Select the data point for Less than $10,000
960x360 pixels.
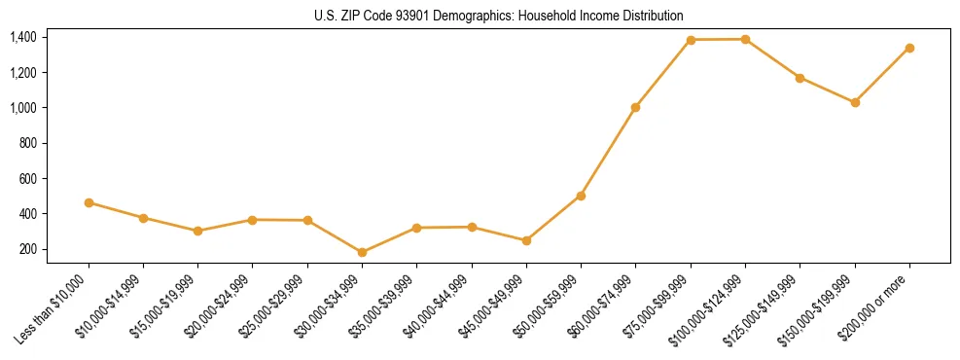pos(89,202)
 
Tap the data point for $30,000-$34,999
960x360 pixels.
pos(362,252)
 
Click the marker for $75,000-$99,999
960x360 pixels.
pos(691,40)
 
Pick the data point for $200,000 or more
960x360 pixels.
pos(909,48)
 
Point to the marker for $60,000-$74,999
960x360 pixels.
pos(635,107)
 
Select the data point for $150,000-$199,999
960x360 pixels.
pos(855,102)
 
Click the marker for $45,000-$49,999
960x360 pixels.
pos(526,240)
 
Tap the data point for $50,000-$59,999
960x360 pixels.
pos(581,196)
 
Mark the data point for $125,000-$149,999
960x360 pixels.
pos(800,78)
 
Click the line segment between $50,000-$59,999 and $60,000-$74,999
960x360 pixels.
pos(608,152)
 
